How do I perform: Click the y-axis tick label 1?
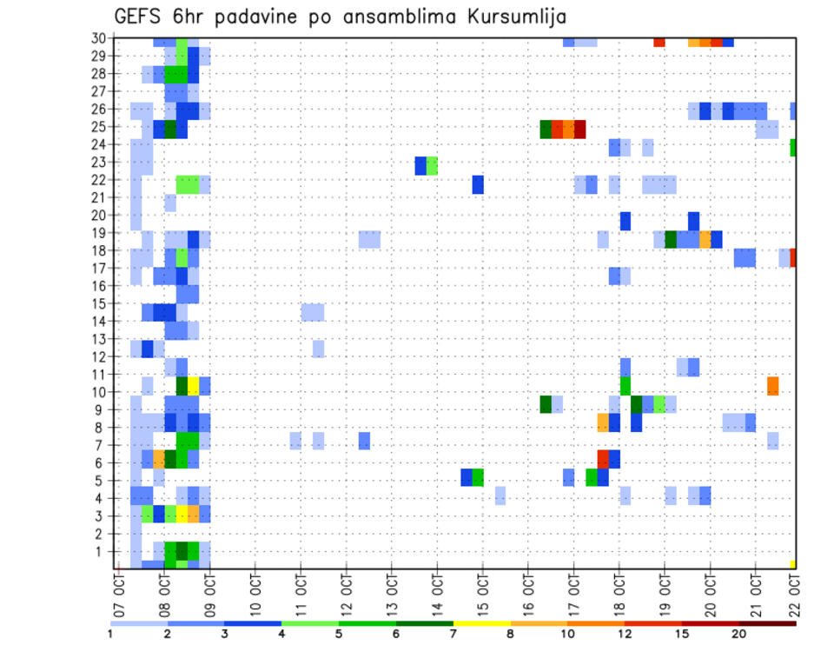pos(102,550)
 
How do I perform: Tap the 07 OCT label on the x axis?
pos(119,594)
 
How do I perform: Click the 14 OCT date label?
pos(437,594)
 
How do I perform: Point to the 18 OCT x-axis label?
pos(619,594)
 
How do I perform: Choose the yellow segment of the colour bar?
pos(482,623)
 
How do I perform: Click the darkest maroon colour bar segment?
pos(767,623)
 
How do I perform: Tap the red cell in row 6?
pos(603,458)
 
